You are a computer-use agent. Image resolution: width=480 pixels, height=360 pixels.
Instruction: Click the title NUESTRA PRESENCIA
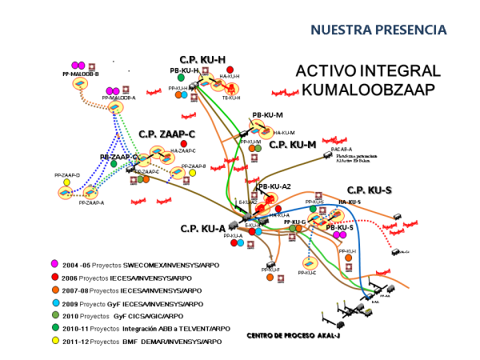point(378,30)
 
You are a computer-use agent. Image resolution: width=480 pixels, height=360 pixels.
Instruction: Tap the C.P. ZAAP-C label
point(166,134)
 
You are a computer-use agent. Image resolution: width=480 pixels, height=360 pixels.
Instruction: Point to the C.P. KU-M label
point(293,145)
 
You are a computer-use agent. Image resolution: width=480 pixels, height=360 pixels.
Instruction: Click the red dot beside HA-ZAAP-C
point(185,144)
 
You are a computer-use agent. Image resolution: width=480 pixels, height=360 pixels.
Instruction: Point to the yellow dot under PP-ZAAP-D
point(67,182)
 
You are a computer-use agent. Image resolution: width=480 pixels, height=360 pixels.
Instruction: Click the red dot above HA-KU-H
point(230,70)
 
